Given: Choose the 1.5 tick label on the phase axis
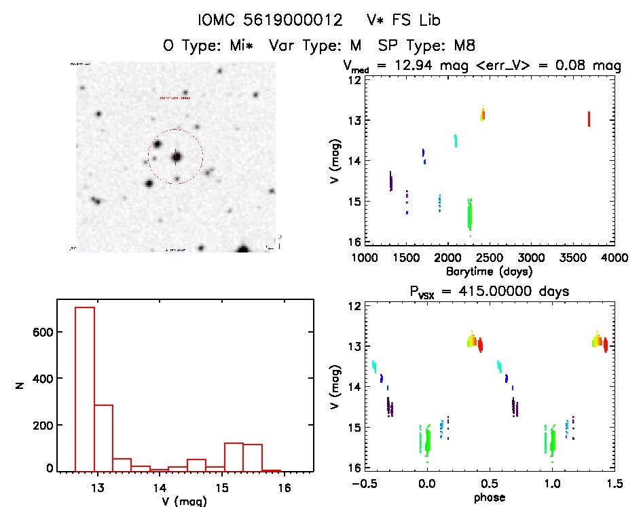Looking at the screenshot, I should point(614,485).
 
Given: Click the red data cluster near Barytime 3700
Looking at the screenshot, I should point(589,119).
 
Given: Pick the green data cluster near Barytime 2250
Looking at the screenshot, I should point(469,214).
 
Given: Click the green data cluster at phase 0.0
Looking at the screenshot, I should point(426,440).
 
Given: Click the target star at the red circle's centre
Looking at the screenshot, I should point(176,157).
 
